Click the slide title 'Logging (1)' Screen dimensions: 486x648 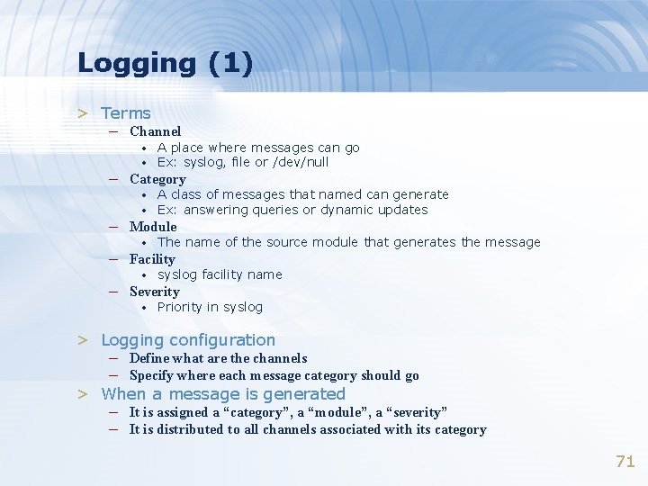[x=165, y=64]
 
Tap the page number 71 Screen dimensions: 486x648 [x=625, y=462]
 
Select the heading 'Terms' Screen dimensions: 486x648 [x=126, y=113]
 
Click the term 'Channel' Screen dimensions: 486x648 [x=155, y=131]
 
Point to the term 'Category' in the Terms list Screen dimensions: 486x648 [x=157, y=179]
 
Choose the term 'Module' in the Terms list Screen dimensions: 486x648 [x=153, y=227]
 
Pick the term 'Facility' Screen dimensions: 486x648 [x=152, y=259]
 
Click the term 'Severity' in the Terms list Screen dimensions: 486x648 [x=154, y=292]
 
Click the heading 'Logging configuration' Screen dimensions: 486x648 [x=188, y=340]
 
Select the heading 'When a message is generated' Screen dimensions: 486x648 [x=223, y=394]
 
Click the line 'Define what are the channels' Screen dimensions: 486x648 [x=218, y=358]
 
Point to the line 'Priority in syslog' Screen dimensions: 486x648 [x=210, y=308]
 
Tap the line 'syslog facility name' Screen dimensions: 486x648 [x=220, y=274]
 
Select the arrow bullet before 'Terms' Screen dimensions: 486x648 [x=83, y=113]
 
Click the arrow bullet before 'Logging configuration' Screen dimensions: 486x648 [x=83, y=340]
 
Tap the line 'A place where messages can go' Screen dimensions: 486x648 [x=258, y=148]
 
